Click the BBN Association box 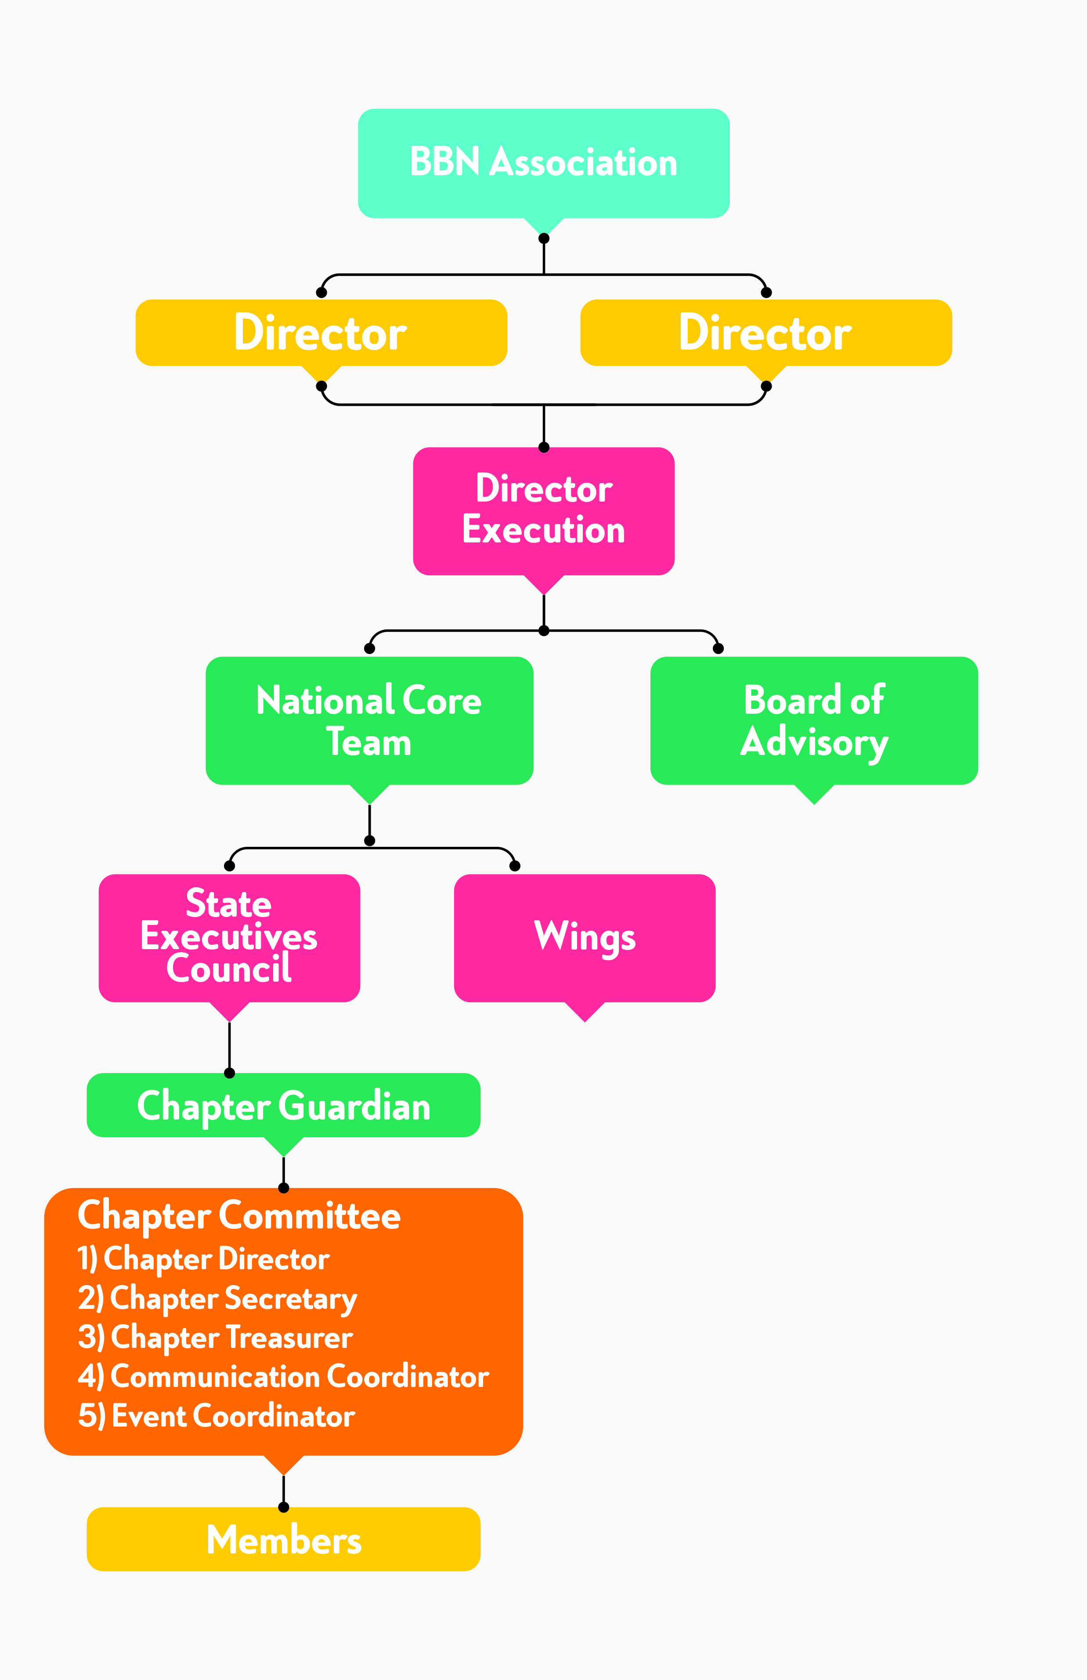pyautogui.click(x=544, y=163)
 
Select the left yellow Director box pyautogui.click(x=321, y=332)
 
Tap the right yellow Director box pyautogui.click(x=766, y=332)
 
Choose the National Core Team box pyautogui.click(x=369, y=720)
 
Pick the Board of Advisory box pyautogui.click(x=814, y=720)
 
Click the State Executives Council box pyautogui.click(x=229, y=937)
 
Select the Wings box pyautogui.click(x=585, y=937)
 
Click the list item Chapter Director pyautogui.click(x=203, y=1259)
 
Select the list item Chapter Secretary pyautogui.click(x=217, y=1298)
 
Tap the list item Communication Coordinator pyautogui.click(x=283, y=1377)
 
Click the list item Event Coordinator pyautogui.click(x=216, y=1416)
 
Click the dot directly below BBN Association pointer pyautogui.click(x=544, y=238)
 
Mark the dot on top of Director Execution pyautogui.click(x=544, y=447)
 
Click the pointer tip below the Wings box pyautogui.click(x=585, y=1019)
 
